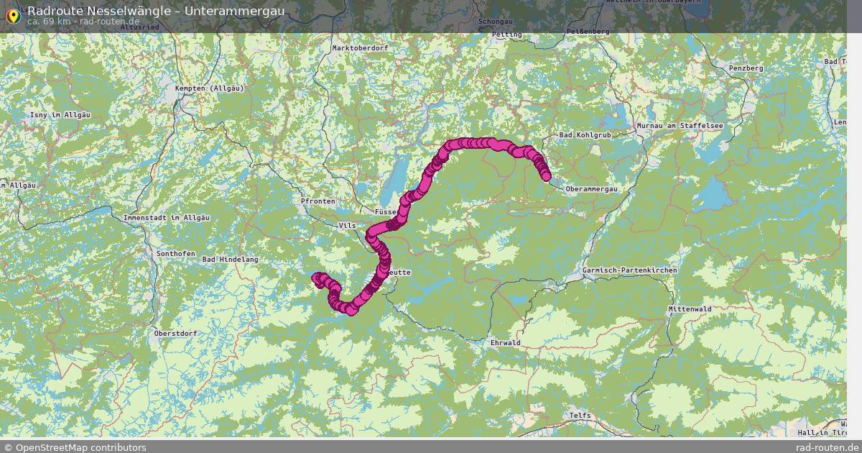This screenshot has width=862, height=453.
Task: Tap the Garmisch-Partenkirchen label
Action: pos(630,270)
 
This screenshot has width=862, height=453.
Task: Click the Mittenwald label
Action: pos(690,309)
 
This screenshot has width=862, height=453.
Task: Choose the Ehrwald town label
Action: pos(505,343)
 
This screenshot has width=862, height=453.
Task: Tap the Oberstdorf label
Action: pos(175,334)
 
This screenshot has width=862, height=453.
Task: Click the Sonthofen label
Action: pos(175,254)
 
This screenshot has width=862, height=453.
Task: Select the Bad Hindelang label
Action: pos(230,260)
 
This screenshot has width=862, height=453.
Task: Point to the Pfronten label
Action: pos(318,201)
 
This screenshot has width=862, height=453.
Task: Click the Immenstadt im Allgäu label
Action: pos(166,218)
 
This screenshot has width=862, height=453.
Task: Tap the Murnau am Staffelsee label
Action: pos(680,126)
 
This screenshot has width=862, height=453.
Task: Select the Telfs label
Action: pos(580,416)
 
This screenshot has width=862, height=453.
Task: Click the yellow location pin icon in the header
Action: pos(12,16)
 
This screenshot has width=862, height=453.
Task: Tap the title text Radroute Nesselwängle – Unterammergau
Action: pos(155,11)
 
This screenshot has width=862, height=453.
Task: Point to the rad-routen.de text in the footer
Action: pos(827,447)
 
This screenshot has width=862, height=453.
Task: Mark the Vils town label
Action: pos(347,226)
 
